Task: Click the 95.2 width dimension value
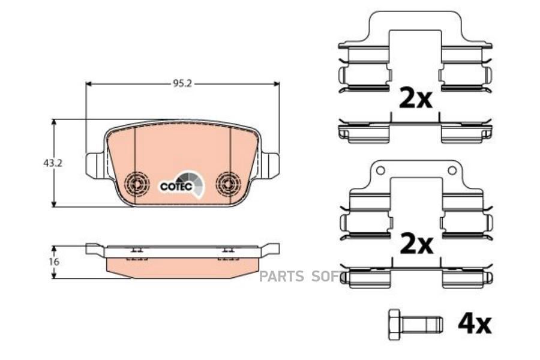[182, 84]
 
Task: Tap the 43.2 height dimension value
[53, 163]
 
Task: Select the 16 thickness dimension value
[55, 262]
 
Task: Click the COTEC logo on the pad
[182, 185]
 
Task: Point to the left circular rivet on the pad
[136, 184]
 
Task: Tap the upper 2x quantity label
[415, 97]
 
